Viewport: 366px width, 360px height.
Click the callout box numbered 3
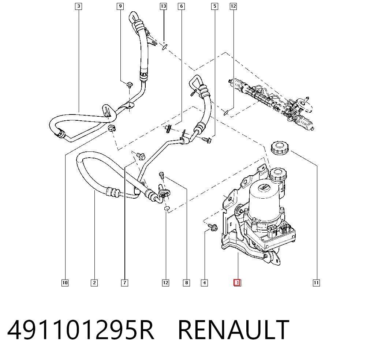tap(79, 6)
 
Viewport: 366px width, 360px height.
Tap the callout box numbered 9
tap(120, 6)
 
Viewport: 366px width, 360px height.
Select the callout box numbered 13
tap(163, 6)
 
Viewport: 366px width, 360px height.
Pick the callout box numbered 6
tap(182, 6)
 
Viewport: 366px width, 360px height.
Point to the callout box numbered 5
tap(215, 6)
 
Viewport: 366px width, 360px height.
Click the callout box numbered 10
tap(65, 283)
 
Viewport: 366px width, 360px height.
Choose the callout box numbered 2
tap(94, 283)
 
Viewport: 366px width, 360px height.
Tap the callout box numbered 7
tap(125, 283)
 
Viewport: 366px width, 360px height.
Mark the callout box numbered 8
tap(186, 283)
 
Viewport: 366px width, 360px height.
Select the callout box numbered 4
tap(204, 283)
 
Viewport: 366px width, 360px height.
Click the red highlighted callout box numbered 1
tap(238, 283)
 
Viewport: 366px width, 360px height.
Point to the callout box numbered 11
tap(316, 283)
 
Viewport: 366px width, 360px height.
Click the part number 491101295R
tap(81, 330)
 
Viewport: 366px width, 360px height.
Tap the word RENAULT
tap(234, 330)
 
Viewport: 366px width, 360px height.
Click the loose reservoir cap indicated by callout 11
tap(280, 148)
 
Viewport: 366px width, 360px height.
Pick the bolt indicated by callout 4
tap(213, 227)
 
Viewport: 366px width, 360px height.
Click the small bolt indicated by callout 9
tap(130, 85)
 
